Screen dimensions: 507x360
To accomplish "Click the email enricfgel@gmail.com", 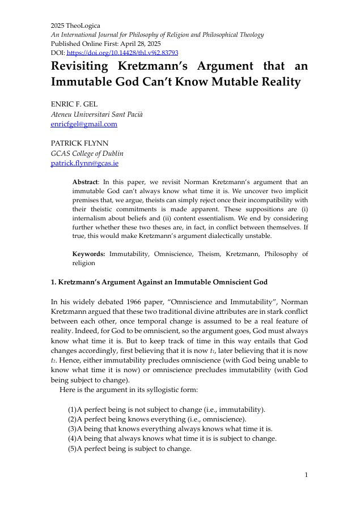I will click(x=84, y=124).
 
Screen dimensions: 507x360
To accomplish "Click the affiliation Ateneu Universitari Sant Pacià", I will click(x=97, y=114).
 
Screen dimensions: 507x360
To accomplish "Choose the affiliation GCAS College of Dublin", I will click(x=87, y=154).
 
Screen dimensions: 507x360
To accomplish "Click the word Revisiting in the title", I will click(x=88, y=66).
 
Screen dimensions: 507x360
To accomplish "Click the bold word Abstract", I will click(x=85, y=182).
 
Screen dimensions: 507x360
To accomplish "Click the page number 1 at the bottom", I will click(x=306, y=474).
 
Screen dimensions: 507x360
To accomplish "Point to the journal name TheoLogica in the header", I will click(x=84, y=25).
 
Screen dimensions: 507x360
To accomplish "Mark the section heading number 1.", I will click(x=53, y=282).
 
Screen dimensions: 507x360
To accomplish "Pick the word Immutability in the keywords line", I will click(x=128, y=254).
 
